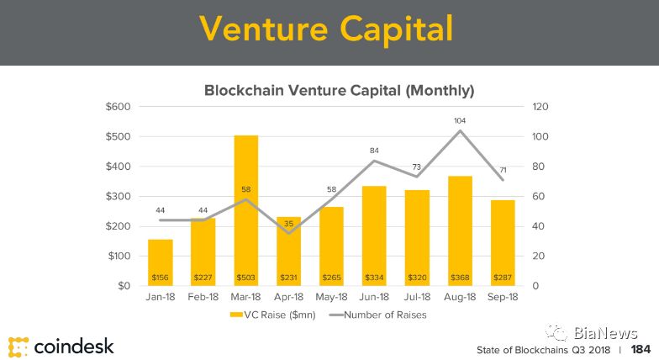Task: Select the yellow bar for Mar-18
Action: [245, 210]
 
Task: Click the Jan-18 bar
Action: [160, 262]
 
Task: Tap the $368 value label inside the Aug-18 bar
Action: [460, 278]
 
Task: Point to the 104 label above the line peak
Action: [460, 121]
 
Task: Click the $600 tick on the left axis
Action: [118, 107]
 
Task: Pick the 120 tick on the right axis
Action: [540, 107]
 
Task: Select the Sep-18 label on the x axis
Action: [503, 297]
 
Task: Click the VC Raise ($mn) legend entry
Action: [272, 315]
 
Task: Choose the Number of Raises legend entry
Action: [378, 315]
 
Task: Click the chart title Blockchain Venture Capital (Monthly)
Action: [340, 91]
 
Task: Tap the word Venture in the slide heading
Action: [264, 29]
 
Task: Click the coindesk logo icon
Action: [18, 347]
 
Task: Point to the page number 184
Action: [641, 349]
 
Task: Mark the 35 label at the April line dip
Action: [289, 224]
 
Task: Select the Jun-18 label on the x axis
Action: [374, 297]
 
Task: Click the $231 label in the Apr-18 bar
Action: [289, 278]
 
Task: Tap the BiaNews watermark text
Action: [605, 333]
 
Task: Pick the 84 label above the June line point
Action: [374, 151]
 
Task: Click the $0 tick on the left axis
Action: [124, 286]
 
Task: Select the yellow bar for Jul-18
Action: [417, 238]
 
